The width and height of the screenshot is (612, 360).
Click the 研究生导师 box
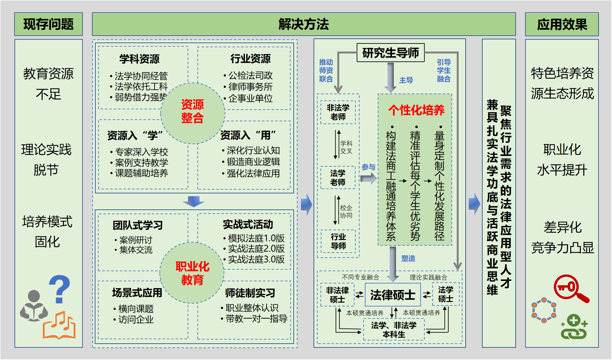[390, 53]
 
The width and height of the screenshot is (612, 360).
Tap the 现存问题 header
[48, 24]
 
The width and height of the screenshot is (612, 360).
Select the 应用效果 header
[562, 25]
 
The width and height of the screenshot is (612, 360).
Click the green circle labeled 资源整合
[192, 112]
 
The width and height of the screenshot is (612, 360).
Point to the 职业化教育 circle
[192, 273]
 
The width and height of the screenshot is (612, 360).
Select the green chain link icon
[574, 328]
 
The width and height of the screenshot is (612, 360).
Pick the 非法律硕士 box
[337, 295]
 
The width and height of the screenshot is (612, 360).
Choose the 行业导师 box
[338, 241]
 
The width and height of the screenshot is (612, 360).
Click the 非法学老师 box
[338, 112]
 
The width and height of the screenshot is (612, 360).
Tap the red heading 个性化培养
[416, 110]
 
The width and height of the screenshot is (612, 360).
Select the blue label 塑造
[408, 258]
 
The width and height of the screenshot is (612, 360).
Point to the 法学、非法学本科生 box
[394, 329]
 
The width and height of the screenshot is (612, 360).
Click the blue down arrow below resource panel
[194, 201]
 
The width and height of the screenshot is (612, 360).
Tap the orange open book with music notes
[59, 326]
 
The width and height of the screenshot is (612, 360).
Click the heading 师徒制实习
[250, 293]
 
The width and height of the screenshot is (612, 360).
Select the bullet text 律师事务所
[250, 87]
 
